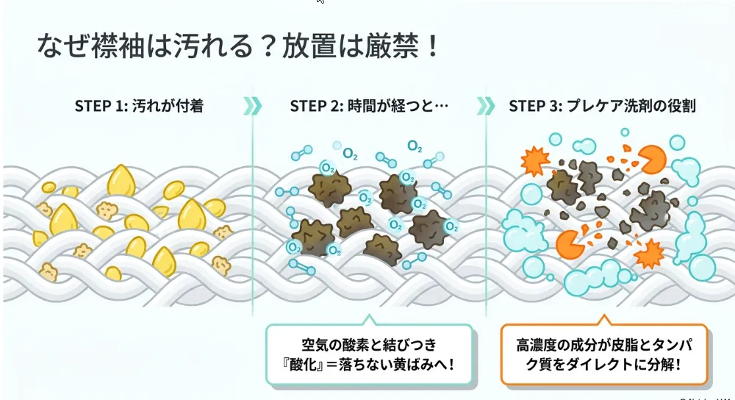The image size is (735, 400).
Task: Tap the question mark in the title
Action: (x=268, y=46)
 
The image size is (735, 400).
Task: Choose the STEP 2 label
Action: (x=316, y=106)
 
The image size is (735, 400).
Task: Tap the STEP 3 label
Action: (x=535, y=106)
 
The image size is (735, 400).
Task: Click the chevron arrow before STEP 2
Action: (x=253, y=106)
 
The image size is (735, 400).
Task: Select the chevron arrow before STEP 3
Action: (x=486, y=106)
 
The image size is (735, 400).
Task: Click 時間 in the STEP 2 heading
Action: (x=362, y=106)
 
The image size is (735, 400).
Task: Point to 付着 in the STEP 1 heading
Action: (x=190, y=106)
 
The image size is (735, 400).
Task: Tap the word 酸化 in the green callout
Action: (x=305, y=365)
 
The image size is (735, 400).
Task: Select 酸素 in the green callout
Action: (x=355, y=345)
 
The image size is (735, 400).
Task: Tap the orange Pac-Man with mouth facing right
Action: (x=570, y=244)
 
